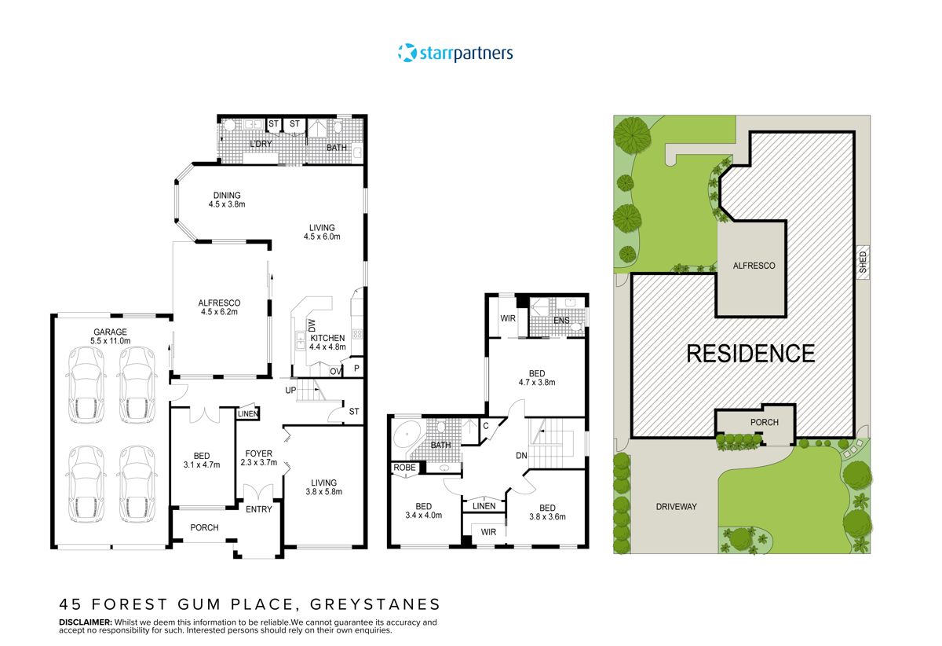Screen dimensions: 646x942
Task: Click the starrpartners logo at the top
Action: (455, 53)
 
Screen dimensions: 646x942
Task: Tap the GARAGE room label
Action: (110, 336)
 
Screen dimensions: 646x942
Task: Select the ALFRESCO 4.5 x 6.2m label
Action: (219, 307)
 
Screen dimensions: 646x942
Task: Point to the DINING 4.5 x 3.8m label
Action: (227, 200)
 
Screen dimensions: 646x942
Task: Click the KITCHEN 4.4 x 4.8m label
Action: (327, 343)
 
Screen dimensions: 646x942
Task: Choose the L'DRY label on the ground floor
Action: (260, 145)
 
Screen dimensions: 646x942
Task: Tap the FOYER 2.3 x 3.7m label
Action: (259, 457)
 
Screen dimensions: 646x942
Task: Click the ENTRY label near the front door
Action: (259, 509)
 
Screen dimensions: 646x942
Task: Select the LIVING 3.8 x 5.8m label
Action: (323, 488)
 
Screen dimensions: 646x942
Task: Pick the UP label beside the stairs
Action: (290, 390)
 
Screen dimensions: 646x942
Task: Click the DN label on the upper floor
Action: (522, 456)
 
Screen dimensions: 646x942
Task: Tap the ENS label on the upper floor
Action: (560, 321)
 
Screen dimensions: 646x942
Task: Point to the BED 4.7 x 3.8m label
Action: (536, 378)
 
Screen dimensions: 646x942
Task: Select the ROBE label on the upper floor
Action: (405, 467)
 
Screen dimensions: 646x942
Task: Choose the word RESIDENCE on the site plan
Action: (750, 353)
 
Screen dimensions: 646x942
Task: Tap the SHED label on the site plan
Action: (863, 262)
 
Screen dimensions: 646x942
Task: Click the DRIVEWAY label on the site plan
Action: (676, 507)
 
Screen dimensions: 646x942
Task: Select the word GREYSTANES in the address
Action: (375, 604)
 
